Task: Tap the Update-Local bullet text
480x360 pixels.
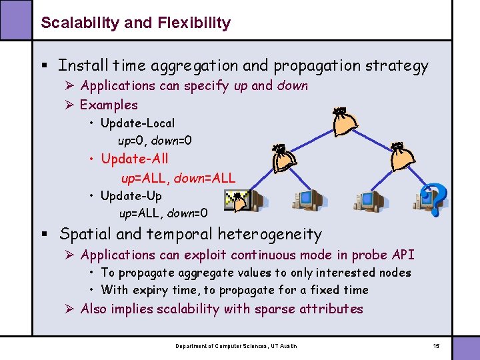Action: coord(137,123)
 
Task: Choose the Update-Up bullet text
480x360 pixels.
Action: coord(131,196)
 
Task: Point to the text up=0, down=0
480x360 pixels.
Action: coord(155,141)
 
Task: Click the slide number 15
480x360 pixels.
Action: coord(436,345)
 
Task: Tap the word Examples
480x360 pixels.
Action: coord(109,105)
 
